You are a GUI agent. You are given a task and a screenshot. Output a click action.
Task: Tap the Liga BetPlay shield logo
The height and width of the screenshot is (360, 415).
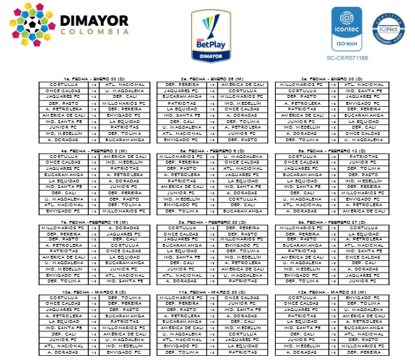(x=206, y=33)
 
